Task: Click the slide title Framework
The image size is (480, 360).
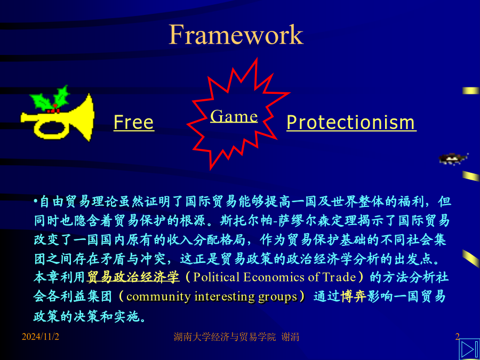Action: click(x=236, y=34)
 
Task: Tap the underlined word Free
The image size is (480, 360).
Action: click(x=134, y=123)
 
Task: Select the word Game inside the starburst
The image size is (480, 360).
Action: click(x=234, y=116)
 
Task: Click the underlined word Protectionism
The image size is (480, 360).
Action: click(x=351, y=123)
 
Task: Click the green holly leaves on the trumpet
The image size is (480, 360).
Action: click(x=50, y=98)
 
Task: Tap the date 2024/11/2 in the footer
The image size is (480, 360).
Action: click(x=41, y=337)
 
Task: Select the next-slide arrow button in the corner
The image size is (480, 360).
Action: click(x=469, y=349)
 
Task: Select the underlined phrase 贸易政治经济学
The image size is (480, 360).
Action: click(x=133, y=277)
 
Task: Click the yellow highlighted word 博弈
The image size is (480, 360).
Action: click(x=354, y=297)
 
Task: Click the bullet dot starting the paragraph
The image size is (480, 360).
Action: click(x=36, y=202)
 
